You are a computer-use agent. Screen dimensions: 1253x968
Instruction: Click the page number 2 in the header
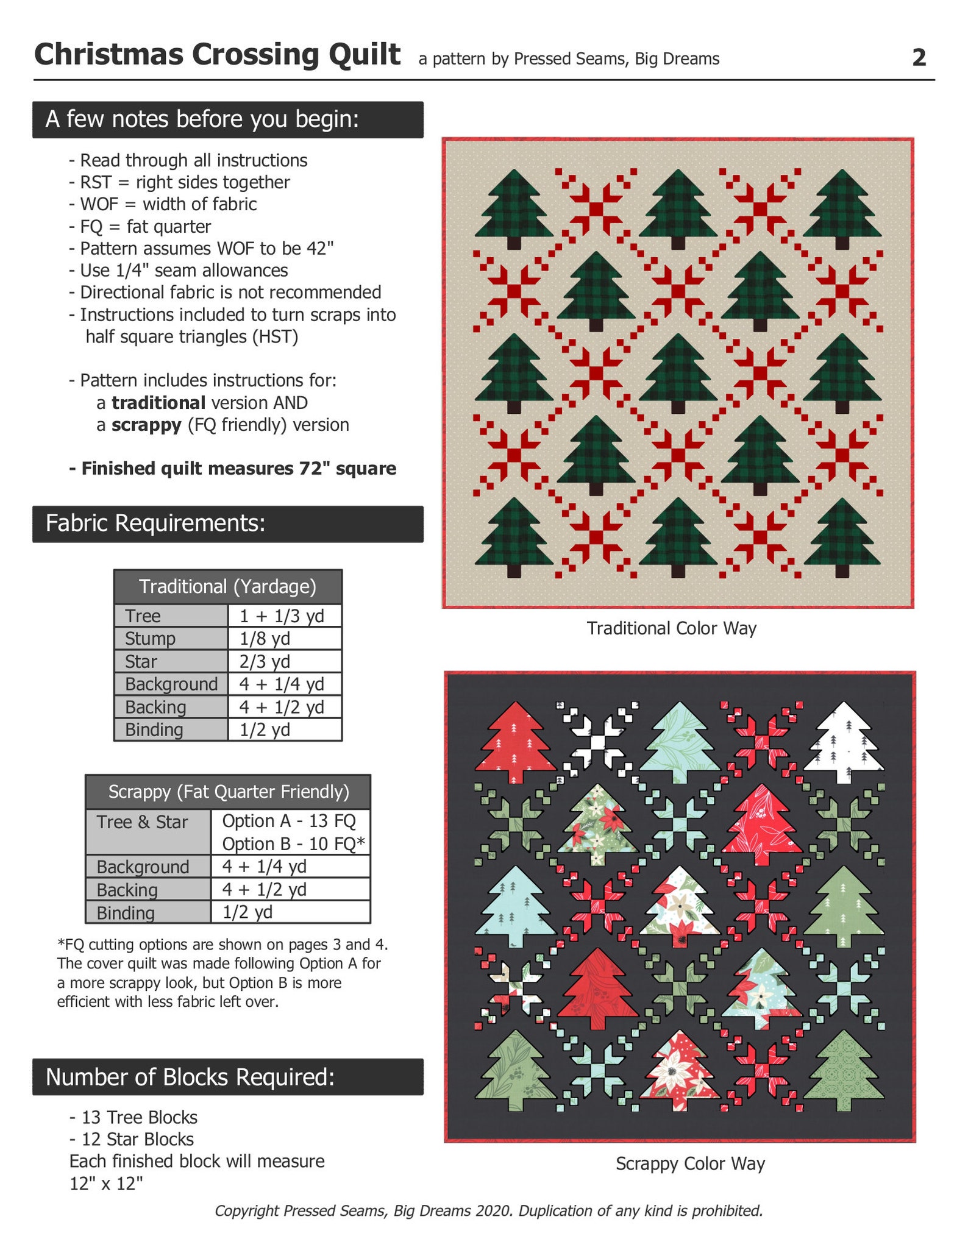coord(919,57)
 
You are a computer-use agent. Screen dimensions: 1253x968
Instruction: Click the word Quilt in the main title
coord(365,55)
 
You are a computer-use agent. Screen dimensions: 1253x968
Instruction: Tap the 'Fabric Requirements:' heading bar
coord(227,524)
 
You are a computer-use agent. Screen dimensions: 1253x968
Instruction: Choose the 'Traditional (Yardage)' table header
coord(227,586)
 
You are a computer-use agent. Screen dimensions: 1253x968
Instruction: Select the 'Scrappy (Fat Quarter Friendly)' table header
coord(229,791)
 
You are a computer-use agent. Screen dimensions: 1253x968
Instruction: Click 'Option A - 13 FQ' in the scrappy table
coord(289,821)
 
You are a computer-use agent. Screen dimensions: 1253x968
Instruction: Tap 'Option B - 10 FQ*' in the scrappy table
coord(293,844)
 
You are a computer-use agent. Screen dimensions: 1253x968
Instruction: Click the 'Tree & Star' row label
coord(142,822)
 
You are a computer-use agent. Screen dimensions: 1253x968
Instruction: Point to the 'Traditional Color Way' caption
coord(671,628)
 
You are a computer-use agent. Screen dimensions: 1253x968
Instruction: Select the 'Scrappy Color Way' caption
coord(690,1163)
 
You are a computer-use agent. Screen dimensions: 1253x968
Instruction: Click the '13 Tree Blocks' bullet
coord(133,1117)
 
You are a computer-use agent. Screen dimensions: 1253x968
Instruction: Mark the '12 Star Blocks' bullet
coord(132,1139)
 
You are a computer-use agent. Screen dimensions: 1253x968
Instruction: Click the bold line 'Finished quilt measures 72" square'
coord(233,469)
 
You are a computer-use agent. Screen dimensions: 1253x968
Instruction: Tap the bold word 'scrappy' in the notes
coord(146,425)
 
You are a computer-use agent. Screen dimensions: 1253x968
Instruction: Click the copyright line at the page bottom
coord(488,1210)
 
